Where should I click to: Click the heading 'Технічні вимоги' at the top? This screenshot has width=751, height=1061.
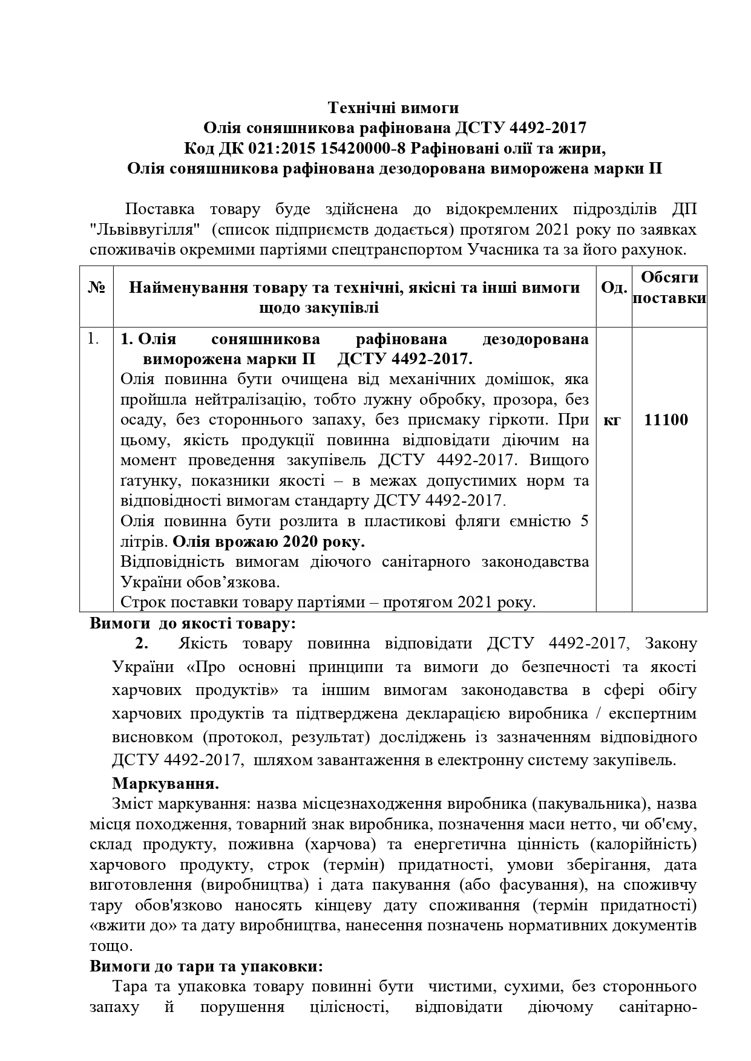pos(393,108)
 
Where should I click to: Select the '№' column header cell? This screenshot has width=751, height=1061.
pos(97,288)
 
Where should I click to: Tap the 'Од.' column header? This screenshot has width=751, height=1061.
pos(614,288)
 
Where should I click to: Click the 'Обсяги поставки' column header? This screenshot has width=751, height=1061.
pos(669,287)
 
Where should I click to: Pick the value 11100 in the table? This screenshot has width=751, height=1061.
pos(666,420)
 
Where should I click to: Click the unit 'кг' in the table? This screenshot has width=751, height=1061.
pos(612,420)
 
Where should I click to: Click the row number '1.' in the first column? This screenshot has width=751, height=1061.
pos(93,339)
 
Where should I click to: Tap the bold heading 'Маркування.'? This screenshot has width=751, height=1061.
pos(165,783)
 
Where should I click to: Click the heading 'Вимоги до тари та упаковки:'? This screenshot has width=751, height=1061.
pos(206,965)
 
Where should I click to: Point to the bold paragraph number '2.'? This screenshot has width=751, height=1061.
pos(141,643)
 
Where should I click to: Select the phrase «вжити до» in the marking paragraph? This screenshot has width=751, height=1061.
pos(125,926)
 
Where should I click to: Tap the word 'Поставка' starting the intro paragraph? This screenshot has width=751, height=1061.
pos(160,209)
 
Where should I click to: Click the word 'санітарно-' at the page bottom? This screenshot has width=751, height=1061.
pos(660,1008)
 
